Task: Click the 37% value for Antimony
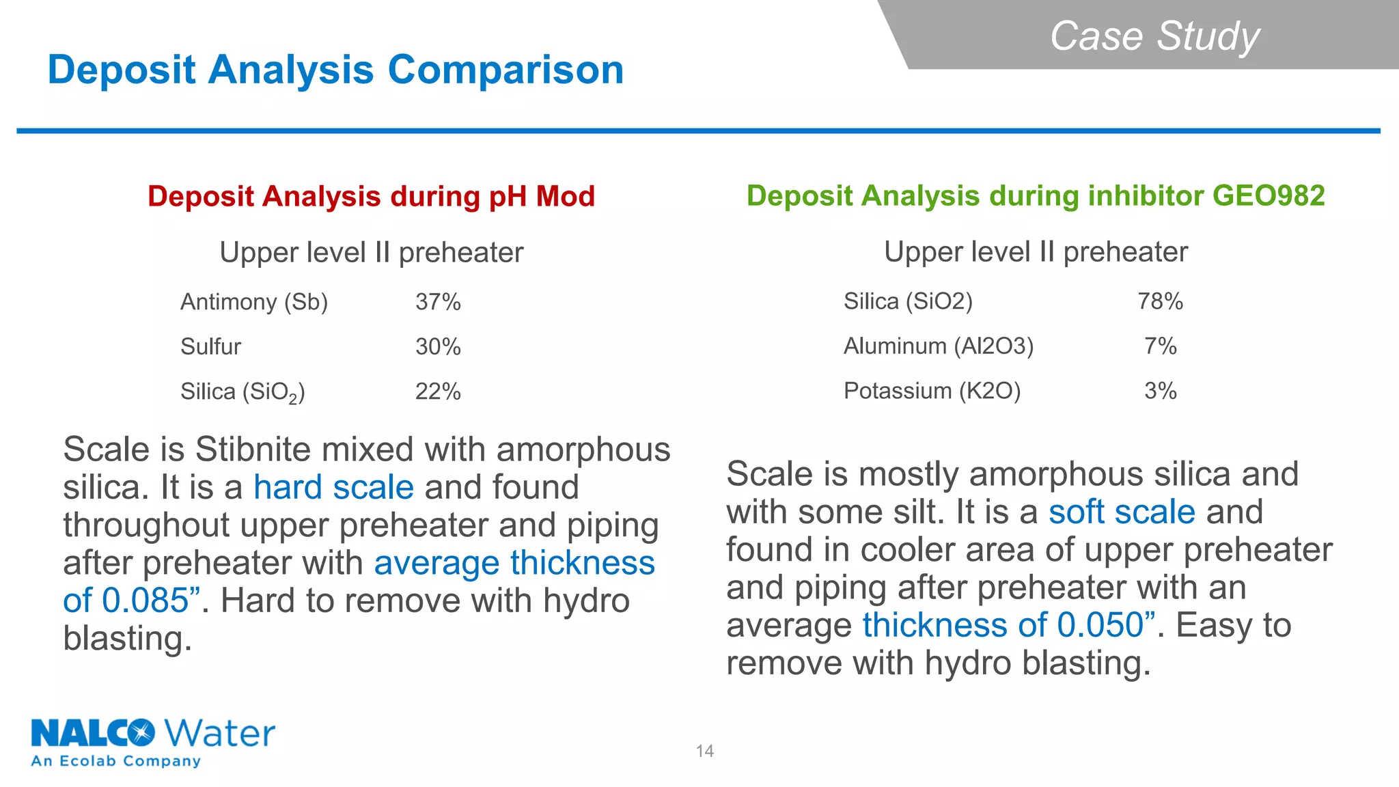pos(438,302)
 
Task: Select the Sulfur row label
pos(210,347)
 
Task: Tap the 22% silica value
pos(438,392)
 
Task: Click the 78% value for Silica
pos(1160,301)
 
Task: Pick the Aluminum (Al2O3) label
pos(938,346)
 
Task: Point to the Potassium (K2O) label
pos(932,391)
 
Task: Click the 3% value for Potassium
pos(1160,391)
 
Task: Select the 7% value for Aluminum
pos(1160,346)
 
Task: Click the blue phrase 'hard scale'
pos(333,488)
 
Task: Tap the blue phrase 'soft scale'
pos(1122,512)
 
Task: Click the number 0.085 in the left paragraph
pos(145,601)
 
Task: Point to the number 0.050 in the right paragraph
pos(1100,626)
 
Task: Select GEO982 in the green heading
pos(1268,196)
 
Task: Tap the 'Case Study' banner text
pos(1154,36)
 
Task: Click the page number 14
pos(704,751)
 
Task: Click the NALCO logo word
pos(92,734)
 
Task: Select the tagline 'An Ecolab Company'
pos(116,761)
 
